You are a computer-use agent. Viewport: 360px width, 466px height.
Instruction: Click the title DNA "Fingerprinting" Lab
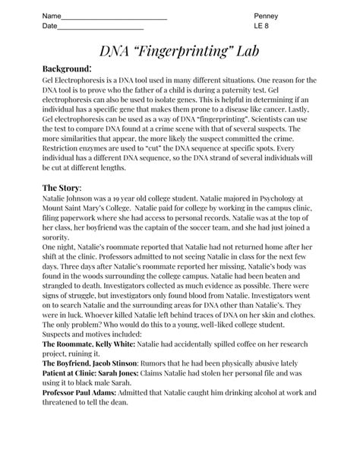[180, 52]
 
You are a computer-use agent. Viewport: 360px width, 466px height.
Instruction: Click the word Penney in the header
[267, 17]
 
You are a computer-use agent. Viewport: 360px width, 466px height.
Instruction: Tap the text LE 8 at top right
[261, 27]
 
